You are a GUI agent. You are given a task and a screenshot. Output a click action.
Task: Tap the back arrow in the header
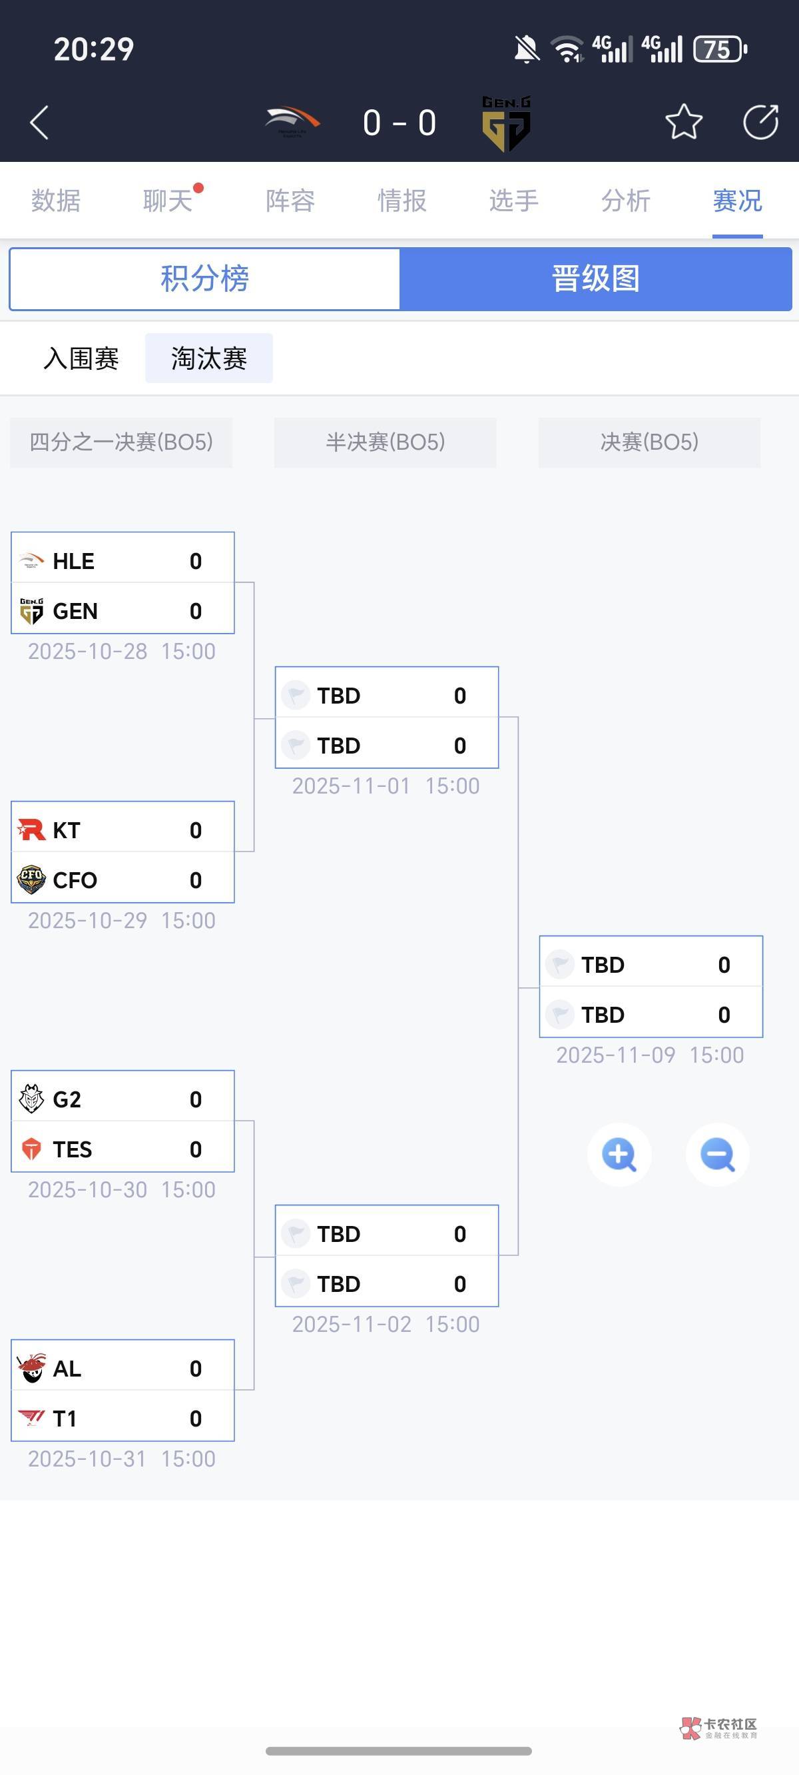pyautogui.click(x=40, y=123)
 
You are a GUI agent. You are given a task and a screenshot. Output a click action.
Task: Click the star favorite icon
pyautogui.click(x=683, y=123)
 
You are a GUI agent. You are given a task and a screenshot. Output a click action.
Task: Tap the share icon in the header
pyautogui.click(x=760, y=123)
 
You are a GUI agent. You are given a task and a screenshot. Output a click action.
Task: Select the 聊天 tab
pyautogui.click(x=167, y=201)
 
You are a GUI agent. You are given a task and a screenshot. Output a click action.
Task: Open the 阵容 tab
pyautogui.click(x=290, y=201)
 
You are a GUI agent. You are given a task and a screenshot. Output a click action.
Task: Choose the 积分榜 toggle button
pyautogui.click(x=204, y=279)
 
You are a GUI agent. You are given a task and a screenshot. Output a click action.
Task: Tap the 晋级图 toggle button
pyautogui.click(x=596, y=279)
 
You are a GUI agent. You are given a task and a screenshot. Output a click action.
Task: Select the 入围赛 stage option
pyautogui.click(x=81, y=358)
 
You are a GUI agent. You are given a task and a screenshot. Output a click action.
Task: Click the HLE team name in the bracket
pyautogui.click(x=74, y=561)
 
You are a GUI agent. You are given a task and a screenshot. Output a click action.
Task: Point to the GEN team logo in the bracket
pyautogui.click(x=31, y=610)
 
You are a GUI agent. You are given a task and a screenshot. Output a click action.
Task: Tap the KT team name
pyautogui.click(x=66, y=830)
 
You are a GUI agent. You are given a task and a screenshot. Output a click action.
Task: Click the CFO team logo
pyautogui.click(x=31, y=880)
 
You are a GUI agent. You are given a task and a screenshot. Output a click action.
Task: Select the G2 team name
pyautogui.click(x=67, y=1099)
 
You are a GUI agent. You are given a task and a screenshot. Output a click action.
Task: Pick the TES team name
pyautogui.click(x=73, y=1149)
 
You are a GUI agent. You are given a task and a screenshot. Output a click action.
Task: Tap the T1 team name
pyautogui.click(x=65, y=1418)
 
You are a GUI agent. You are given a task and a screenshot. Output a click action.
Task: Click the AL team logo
pyautogui.click(x=31, y=1368)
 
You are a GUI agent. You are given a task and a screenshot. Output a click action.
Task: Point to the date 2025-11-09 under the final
pyautogui.click(x=616, y=1055)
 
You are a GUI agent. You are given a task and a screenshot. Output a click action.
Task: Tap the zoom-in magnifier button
pyautogui.click(x=619, y=1155)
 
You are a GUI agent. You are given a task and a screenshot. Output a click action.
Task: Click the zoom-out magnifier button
pyautogui.click(x=717, y=1155)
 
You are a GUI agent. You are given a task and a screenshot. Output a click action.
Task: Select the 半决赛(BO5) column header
pyautogui.click(x=385, y=442)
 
